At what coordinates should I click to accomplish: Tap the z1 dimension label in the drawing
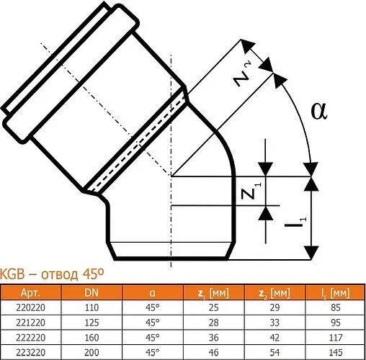pyautogui.click(x=248, y=192)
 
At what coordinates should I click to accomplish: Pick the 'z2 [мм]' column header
pyautogui.click(x=274, y=292)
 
